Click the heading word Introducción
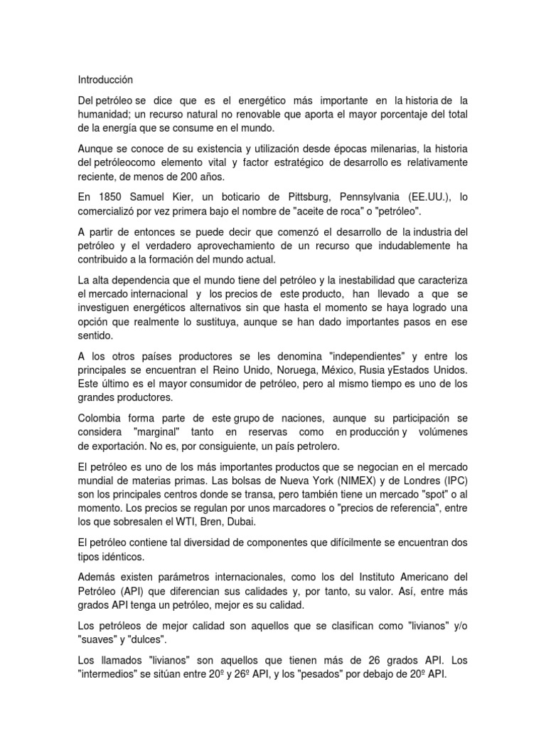pyautogui.click(x=105, y=80)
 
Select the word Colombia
pyautogui.click(x=100, y=418)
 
